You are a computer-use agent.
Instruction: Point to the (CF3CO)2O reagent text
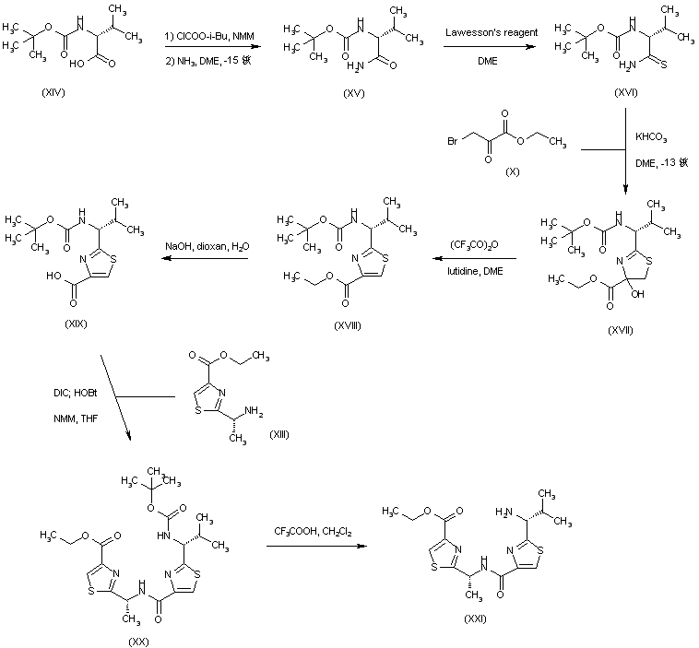(x=474, y=245)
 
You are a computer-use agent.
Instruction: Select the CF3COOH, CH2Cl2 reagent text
(x=314, y=532)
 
